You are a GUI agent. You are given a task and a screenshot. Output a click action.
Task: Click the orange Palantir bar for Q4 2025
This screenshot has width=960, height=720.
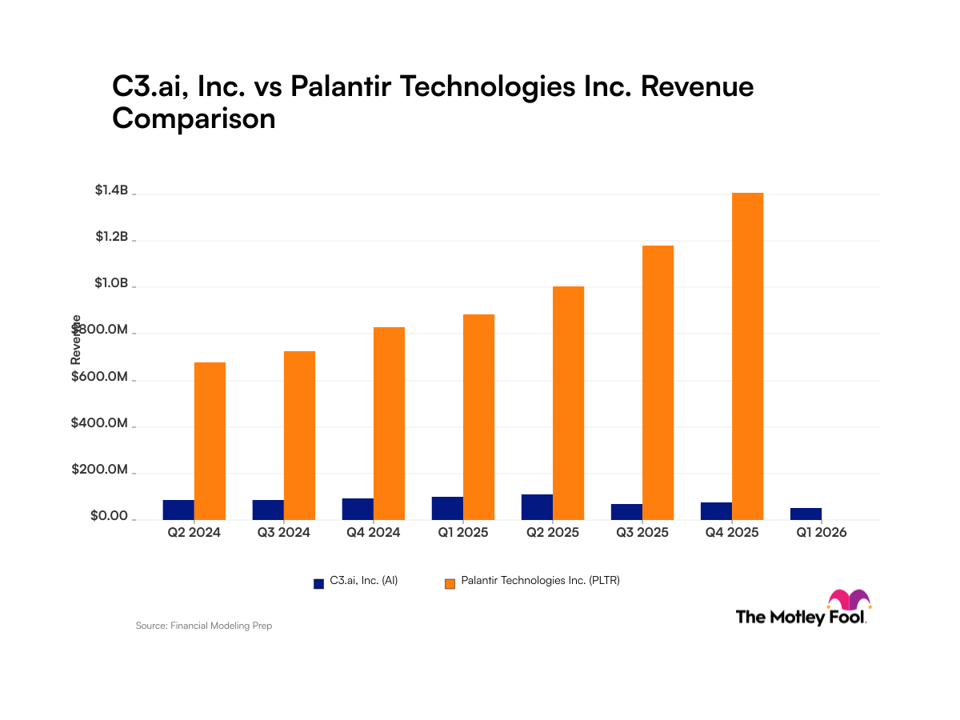[x=747, y=356]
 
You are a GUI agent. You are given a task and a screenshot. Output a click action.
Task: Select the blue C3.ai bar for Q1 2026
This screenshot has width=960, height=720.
[x=806, y=514]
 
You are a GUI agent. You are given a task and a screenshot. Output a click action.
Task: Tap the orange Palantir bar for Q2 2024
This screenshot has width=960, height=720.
[x=210, y=441]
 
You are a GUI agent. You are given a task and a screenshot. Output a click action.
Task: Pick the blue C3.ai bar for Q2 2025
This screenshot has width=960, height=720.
[x=537, y=507]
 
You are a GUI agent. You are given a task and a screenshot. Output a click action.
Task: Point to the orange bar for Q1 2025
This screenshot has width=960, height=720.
[x=478, y=417]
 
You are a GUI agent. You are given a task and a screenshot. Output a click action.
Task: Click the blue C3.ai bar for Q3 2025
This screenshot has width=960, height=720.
[x=626, y=512]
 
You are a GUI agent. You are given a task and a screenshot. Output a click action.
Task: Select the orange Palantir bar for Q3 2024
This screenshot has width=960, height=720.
[x=299, y=435]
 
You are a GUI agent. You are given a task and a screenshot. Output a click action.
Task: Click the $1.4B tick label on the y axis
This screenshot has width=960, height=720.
[x=111, y=190]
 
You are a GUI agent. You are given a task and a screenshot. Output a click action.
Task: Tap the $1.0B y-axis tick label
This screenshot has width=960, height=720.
[x=111, y=283]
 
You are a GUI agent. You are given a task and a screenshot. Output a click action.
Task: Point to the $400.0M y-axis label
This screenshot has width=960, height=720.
[x=99, y=423]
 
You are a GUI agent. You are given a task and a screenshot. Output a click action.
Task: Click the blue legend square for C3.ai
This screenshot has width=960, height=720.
[x=318, y=583]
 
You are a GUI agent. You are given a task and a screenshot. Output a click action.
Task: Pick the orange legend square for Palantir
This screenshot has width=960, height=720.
[x=450, y=583]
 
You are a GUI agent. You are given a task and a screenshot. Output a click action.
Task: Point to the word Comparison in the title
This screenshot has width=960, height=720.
[x=194, y=118]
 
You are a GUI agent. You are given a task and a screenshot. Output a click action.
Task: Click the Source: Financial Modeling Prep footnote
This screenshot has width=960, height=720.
[x=204, y=626]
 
